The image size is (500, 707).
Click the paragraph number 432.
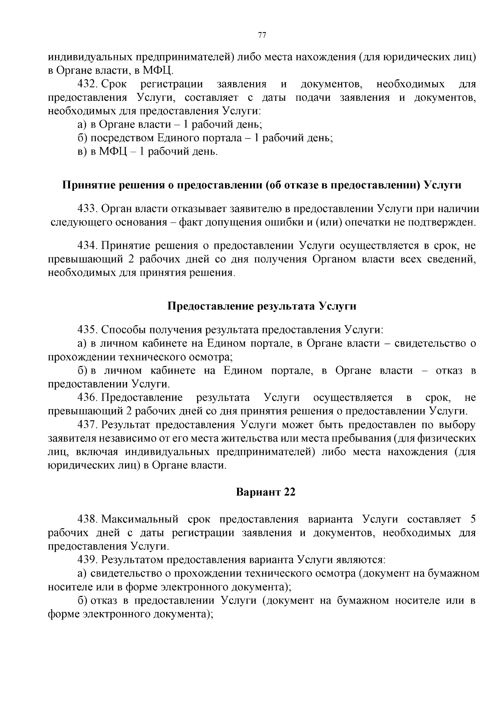[x=87, y=85]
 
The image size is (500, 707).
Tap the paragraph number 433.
[x=87, y=209]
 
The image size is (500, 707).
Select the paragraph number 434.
[x=87, y=246]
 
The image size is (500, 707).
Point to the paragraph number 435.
[x=87, y=330]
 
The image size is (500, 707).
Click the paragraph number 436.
[x=87, y=397]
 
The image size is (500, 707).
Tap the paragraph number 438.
[x=87, y=519]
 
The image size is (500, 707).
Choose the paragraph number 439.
[x=87, y=559]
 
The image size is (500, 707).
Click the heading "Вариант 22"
[x=265, y=492]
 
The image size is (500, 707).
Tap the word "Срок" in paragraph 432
[x=114, y=85]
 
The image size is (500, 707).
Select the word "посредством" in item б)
[x=122, y=138]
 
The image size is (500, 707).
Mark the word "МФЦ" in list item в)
[x=112, y=152]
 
